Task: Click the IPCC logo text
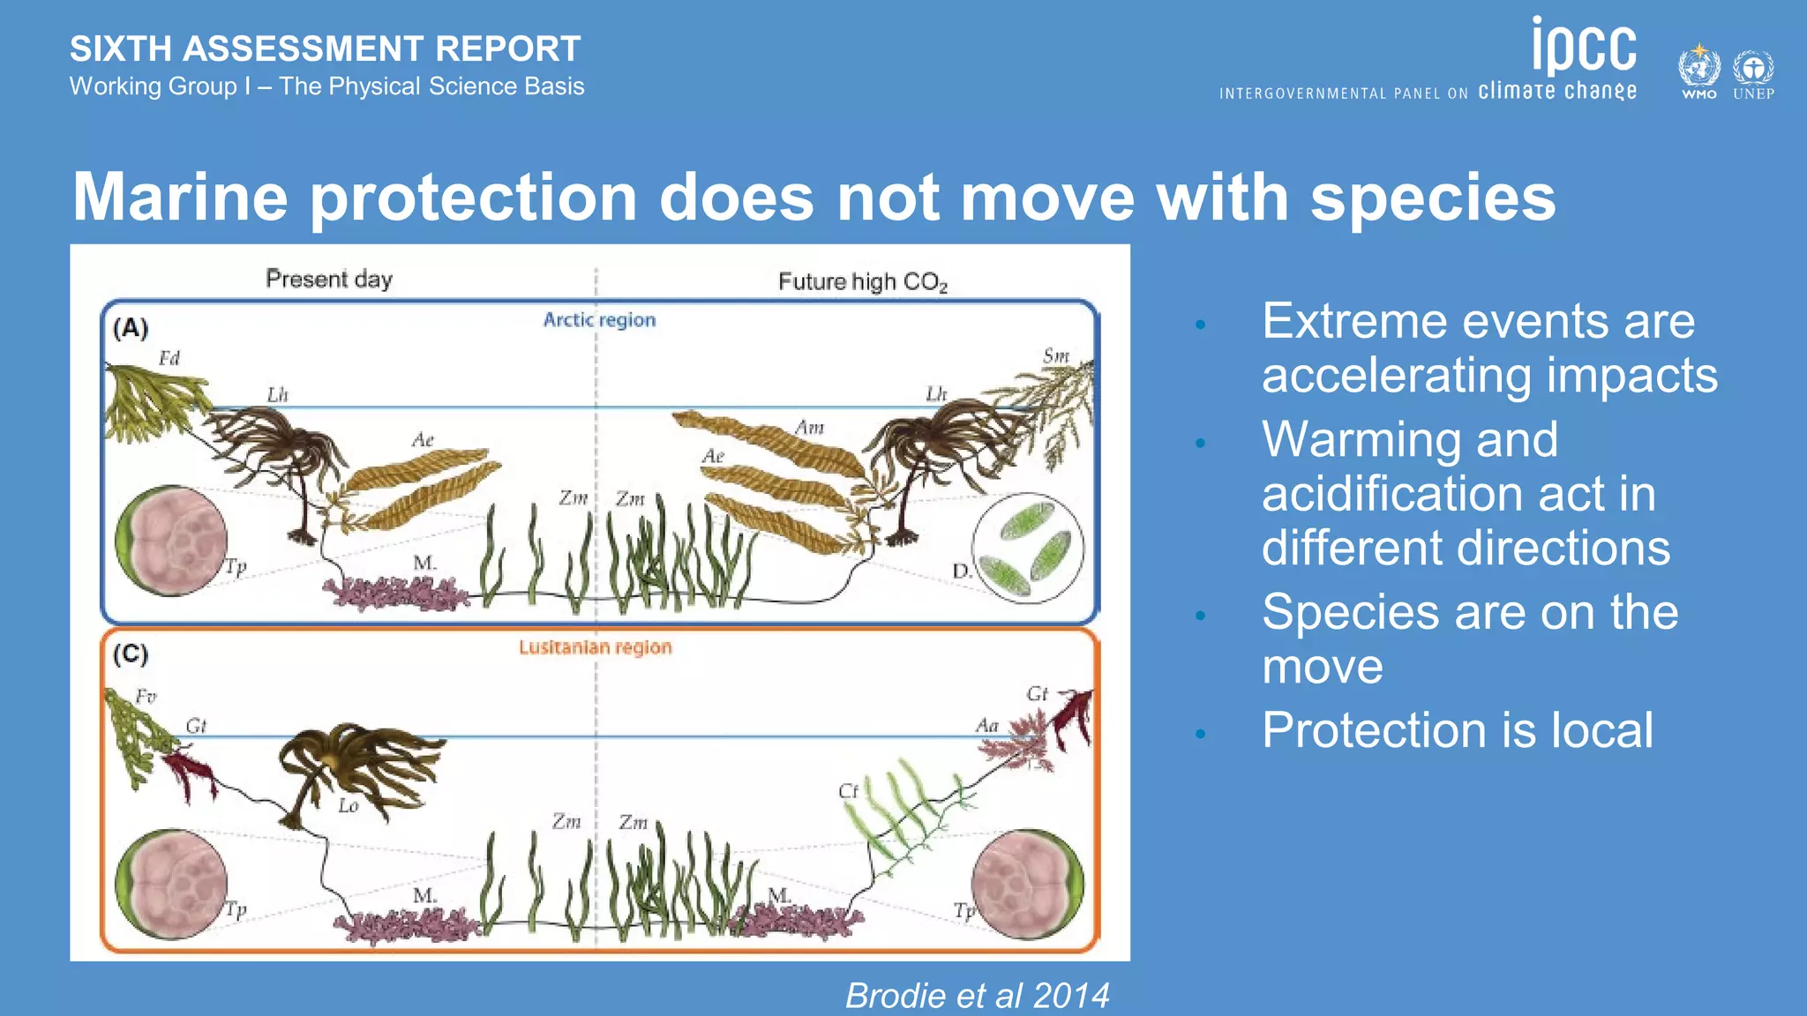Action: [x=1584, y=49]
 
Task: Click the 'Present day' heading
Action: [x=329, y=279]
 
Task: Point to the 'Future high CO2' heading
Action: [x=862, y=282]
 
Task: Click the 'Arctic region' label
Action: [x=599, y=319]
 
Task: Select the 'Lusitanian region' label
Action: [x=595, y=646]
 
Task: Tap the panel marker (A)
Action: [x=131, y=328]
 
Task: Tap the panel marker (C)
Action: [x=131, y=654]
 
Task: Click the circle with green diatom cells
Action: [x=1028, y=548]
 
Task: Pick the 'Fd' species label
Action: [x=169, y=358]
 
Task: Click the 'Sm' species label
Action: [x=1055, y=355]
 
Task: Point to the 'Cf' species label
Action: [x=848, y=791]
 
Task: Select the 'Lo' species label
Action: [x=349, y=805]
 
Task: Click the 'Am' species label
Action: [x=809, y=428]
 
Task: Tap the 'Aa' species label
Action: [x=986, y=725]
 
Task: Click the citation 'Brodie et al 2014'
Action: [x=977, y=996]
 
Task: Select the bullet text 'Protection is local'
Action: [x=1457, y=730]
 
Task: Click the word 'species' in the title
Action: [x=1433, y=198]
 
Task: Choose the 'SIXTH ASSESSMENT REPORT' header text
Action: [x=325, y=49]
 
